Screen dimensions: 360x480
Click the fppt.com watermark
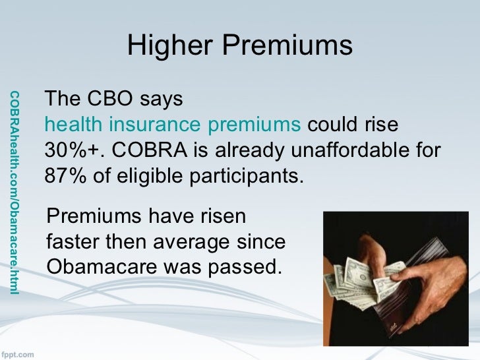pyautogui.click(x=19, y=353)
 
